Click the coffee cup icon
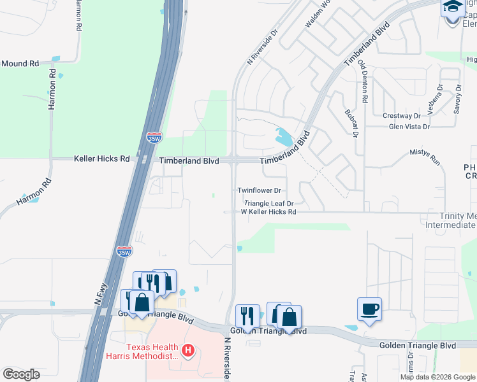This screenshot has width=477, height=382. [x=369, y=310]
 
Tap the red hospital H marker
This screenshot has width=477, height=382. [x=187, y=350]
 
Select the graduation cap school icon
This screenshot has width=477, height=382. [x=453, y=10]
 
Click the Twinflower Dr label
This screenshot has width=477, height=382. [x=260, y=190]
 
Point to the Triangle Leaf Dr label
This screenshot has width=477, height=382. [x=268, y=203]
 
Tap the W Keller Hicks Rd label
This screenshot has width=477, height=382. [x=268, y=211]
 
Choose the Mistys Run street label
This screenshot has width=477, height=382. [x=425, y=158]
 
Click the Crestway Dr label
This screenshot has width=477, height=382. [x=402, y=116]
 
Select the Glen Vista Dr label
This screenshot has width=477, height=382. [x=409, y=127]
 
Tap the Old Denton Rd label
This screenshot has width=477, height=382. [x=362, y=81]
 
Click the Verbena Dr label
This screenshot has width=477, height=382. [x=440, y=99]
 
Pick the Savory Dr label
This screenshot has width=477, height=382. [x=457, y=99]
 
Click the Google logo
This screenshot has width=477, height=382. [x=21, y=374]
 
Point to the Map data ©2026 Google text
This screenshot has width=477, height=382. [x=438, y=377]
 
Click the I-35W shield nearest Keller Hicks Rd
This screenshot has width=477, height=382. [x=154, y=137]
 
